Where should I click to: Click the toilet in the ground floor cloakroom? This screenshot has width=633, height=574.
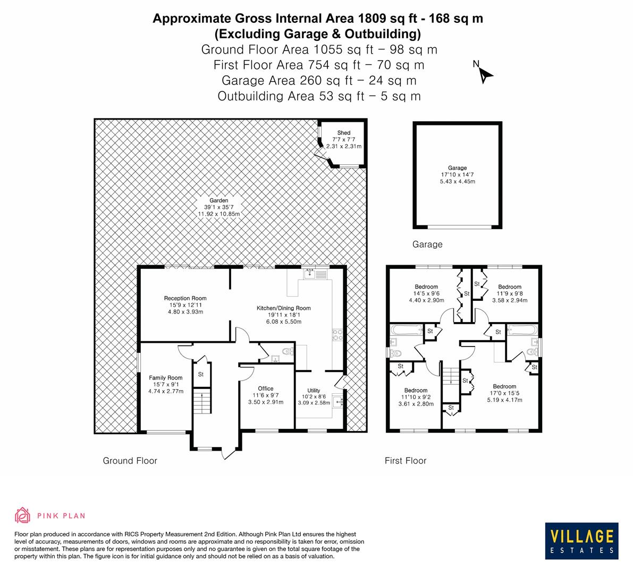(x=287, y=351)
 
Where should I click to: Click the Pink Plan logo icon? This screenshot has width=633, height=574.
(x=22, y=515)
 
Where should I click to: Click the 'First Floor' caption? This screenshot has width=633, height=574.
(x=406, y=461)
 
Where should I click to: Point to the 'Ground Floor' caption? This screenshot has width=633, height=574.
(x=130, y=461)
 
